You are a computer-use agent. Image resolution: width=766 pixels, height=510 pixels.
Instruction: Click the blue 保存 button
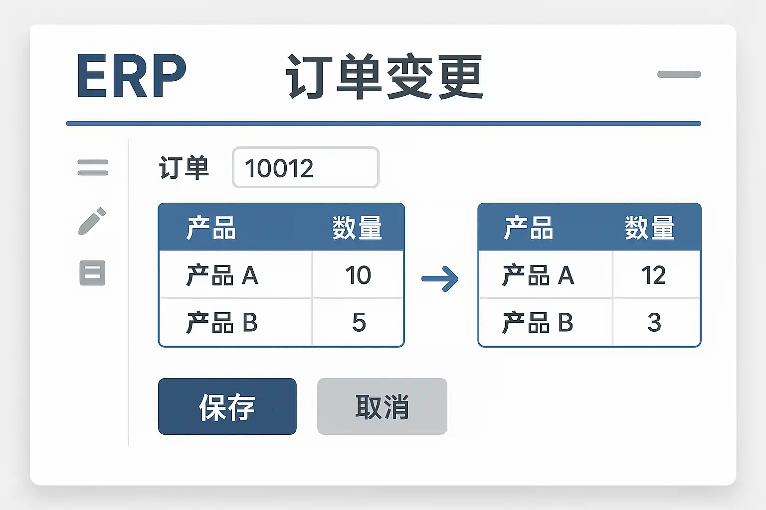coord(227,406)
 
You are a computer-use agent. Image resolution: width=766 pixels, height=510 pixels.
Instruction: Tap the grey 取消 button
coord(382,406)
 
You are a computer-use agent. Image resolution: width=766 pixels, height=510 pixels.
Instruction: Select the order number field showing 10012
coord(305,168)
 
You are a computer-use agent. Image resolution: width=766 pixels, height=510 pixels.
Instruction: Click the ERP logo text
coord(131,76)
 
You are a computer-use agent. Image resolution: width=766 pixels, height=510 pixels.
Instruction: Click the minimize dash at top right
coord(679,74)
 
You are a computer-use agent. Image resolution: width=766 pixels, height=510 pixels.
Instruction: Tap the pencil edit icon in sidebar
coord(92,221)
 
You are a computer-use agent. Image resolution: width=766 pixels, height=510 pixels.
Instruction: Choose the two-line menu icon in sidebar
coord(93,167)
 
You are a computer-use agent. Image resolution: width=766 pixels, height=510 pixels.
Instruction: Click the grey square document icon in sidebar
coord(92,273)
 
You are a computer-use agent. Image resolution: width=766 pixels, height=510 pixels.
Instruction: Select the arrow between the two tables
coord(440,279)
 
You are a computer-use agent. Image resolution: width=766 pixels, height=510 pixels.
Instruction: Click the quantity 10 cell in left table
coord(358,275)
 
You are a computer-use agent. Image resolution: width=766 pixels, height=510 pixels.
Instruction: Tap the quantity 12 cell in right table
coord(653,275)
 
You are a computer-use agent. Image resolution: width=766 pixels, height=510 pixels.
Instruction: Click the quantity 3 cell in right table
coord(654,323)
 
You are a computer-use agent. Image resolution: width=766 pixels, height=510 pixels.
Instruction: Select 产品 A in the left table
coord(222,275)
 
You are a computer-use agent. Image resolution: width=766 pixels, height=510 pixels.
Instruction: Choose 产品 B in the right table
coord(538,323)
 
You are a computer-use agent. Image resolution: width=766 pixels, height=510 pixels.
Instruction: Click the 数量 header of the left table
coord(357,228)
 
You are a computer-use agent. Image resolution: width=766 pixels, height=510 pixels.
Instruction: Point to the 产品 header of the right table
coord(528,228)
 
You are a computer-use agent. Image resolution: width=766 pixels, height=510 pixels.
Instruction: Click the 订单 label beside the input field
coord(184,168)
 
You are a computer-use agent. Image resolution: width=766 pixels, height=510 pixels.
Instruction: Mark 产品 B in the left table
coord(222,323)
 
